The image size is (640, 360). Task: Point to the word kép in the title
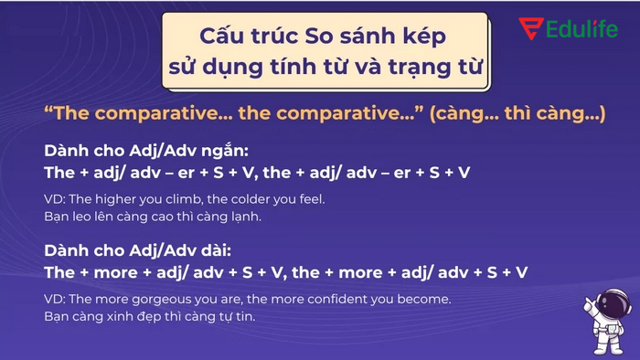coord(426,37)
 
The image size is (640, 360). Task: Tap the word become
coord(423,299)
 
